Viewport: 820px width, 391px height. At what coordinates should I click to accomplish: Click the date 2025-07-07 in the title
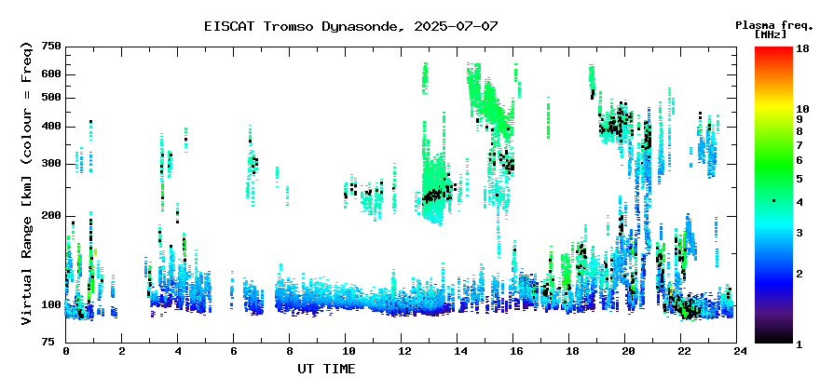click(456, 26)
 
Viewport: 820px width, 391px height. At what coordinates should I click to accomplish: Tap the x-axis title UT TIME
click(326, 369)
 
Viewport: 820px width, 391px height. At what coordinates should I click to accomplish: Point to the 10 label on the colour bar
click(802, 109)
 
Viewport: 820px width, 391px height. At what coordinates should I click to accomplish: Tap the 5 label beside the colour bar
click(799, 179)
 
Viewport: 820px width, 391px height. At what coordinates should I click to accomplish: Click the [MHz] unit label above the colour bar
click(771, 34)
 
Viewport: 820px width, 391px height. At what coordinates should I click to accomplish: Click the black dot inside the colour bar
click(773, 200)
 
